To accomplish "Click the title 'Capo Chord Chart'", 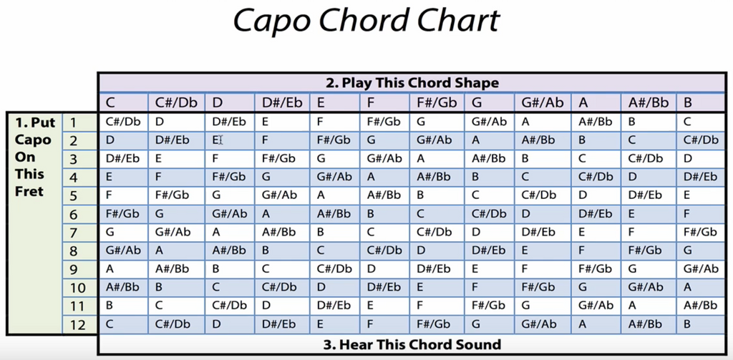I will (366, 21).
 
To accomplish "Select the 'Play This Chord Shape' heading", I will (412, 82).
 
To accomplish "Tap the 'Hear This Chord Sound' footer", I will (412, 344).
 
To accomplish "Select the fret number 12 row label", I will (74, 325).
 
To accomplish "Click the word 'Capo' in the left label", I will (33, 140).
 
